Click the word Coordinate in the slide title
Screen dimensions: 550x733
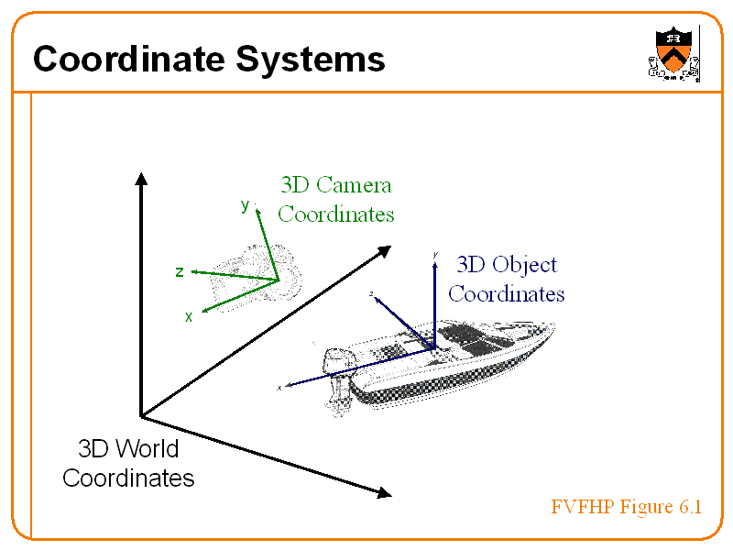click(127, 60)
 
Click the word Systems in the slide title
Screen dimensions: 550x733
click(310, 60)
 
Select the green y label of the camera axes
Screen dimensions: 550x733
click(245, 205)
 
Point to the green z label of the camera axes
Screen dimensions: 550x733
click(180, 271)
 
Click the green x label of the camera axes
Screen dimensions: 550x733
click(189, 316)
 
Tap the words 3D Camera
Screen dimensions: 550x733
click(335, 185)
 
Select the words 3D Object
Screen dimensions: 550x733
click(506, 265)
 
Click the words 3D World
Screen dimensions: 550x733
click(128, 449)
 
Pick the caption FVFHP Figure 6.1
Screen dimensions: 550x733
click(626, 507)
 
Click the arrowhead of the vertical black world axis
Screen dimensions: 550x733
click(141, 178)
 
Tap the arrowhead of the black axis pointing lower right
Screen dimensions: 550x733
click(384, 493)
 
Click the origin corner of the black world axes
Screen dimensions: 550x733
click(141, 416)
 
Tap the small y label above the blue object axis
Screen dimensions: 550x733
click(435, 254)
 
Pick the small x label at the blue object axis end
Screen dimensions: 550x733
click(279, 388)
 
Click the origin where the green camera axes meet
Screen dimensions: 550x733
click(278, 280)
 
